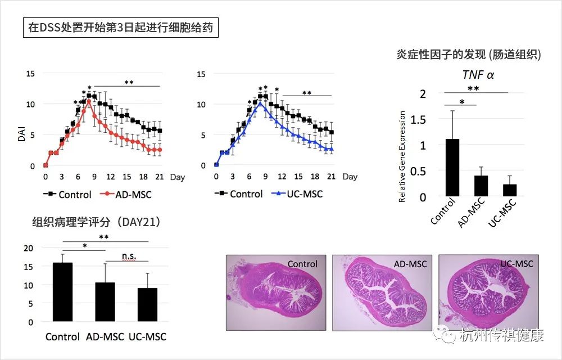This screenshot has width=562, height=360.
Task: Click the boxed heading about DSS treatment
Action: (120, 28)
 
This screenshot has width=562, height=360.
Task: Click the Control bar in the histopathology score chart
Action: (62, 292)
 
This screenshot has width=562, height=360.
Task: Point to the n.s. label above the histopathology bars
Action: (134, 256)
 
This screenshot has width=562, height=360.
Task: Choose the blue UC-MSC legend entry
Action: (296, 194)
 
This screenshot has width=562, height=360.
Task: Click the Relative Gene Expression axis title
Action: (402, 157)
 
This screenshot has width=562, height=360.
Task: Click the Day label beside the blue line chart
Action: (350, 177)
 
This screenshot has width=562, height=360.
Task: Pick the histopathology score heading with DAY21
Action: (96, 222)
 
